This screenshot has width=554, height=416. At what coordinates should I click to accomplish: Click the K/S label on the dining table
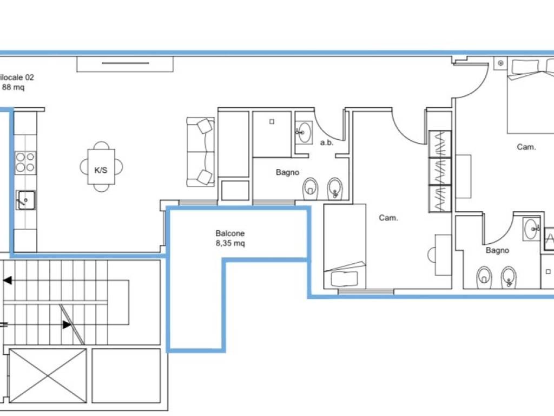101,170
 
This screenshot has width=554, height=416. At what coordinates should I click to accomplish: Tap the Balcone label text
230,233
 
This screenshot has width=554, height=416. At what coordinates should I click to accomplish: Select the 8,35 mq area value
230,243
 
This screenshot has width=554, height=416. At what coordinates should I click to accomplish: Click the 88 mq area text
14,87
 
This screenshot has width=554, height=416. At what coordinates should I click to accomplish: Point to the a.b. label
327,142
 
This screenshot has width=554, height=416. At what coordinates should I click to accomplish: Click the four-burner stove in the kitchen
25,162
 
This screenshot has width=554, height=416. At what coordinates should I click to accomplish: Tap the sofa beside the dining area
200,152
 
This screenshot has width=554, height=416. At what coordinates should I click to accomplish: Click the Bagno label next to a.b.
288,172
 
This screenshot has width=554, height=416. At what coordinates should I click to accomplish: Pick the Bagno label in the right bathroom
497,250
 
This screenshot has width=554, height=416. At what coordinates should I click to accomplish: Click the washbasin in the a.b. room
304,132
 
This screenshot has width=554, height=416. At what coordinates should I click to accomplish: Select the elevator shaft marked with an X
48,376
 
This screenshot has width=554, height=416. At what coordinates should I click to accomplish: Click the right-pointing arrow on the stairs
65,324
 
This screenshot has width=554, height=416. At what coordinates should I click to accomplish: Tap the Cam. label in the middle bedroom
388,218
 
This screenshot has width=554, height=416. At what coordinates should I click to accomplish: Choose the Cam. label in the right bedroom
526,147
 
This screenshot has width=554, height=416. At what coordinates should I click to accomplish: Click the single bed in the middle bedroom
345,246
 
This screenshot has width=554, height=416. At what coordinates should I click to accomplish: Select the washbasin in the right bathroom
531,229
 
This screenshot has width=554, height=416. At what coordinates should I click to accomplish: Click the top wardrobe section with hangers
440,144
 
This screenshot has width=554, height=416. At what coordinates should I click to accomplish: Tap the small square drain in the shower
272,122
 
